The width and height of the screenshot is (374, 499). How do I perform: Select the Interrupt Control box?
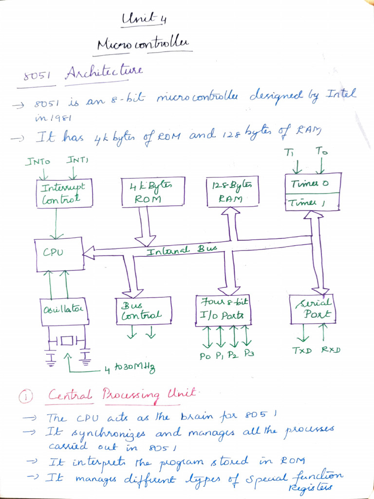point(63,193)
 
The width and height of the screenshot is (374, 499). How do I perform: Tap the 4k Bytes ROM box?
point(153,191)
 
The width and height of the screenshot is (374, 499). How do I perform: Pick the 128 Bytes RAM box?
point(232,191)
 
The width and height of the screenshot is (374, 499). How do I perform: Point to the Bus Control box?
point(143,310)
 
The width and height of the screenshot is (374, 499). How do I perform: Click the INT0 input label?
point(37,160)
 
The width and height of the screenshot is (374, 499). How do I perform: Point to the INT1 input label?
point(78,159)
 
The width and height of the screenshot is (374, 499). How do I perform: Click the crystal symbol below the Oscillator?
point(67,340)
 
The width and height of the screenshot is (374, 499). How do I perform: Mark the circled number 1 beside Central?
point(25,398)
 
